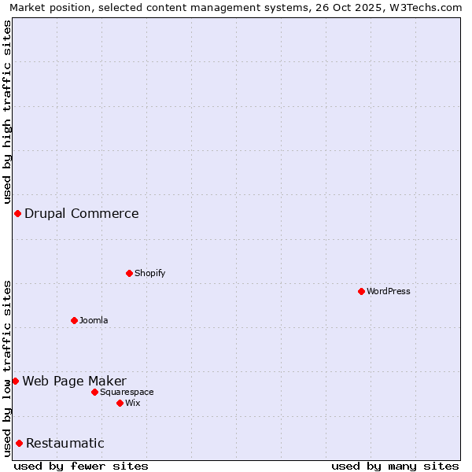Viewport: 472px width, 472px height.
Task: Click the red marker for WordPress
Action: (361, 291)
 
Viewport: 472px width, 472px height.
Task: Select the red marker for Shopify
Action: (129, 273)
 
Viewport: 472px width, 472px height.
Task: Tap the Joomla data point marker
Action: (74, 320)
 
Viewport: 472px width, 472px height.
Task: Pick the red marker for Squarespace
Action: (94, 392)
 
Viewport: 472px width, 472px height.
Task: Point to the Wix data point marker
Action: (120, 403)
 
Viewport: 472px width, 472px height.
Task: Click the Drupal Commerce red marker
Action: (17, 213)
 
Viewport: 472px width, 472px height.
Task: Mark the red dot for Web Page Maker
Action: (15, 381)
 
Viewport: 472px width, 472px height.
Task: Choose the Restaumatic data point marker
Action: (19, 443)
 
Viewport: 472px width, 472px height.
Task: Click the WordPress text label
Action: (389, 291)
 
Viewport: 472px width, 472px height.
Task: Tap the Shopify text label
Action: (150, 273)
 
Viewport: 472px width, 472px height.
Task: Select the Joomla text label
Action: (94, 320)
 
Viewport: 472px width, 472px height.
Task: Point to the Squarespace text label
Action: (127, 392)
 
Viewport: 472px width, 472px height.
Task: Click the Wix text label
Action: (133, 403)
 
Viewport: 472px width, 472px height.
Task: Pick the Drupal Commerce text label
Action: (82, 213)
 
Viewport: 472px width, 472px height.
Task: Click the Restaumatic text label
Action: (65, 443)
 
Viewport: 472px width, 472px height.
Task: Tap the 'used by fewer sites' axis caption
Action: (81, 466)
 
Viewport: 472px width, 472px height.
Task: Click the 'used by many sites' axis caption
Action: (395, 466)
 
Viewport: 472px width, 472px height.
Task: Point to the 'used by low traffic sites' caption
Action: (7, 368)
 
